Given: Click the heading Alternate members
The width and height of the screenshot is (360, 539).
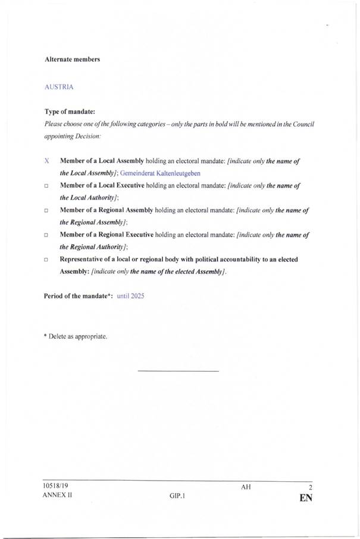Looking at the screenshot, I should tap(72, 60).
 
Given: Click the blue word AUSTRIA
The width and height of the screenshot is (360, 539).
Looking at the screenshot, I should tap(59, 87).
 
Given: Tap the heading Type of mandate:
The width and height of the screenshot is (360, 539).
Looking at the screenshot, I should tap(70, 111).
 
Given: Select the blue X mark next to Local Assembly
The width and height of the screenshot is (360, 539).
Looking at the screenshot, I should tap(46, 161).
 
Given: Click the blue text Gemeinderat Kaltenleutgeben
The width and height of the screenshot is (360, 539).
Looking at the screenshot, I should tap(160, 173).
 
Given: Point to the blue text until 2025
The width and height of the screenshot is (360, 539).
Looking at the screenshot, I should tap(130, 296).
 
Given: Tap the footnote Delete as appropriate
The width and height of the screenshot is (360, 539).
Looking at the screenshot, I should tap(76, 337).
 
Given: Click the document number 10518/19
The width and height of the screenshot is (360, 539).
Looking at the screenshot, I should tap(55, 485).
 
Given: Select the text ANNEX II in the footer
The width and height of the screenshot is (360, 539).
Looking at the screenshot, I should tap(57, 496).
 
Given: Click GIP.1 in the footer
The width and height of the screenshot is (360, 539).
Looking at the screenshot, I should tap(177, 496).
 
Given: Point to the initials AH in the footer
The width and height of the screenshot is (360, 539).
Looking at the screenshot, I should tap(246, 487).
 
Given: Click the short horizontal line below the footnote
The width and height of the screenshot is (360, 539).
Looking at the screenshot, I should tap(178, 372).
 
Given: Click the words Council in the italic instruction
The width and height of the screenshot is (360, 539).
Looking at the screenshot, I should tap(302, 124).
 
